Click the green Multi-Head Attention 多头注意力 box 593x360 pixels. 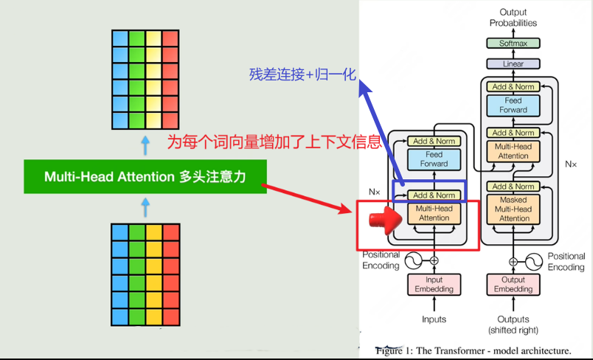145,177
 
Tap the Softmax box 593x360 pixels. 513,44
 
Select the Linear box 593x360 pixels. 513,64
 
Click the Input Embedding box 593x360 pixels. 434,285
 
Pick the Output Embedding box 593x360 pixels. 513,285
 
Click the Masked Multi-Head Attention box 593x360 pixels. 513,209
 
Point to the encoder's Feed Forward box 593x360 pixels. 434,159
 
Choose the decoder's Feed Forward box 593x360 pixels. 513,105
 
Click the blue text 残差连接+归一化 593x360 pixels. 303,75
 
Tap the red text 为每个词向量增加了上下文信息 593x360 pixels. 274,142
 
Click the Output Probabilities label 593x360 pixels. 513,18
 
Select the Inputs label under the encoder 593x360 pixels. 434,319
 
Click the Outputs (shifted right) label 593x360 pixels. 513,325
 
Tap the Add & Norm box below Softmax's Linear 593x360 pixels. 513,87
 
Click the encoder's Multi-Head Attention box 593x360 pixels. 434,213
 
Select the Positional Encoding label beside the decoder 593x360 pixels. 566,261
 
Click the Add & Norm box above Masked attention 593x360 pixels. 513,187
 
